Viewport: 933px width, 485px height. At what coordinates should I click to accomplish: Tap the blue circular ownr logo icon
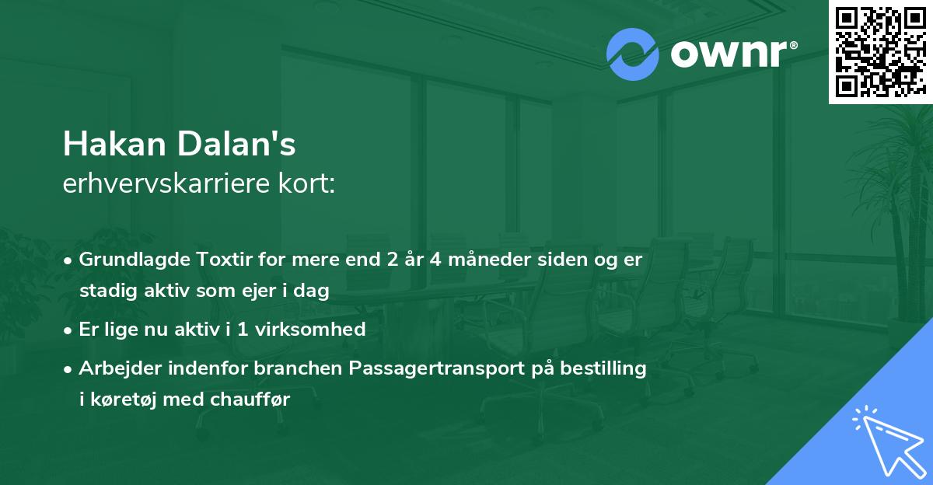click(632, 54)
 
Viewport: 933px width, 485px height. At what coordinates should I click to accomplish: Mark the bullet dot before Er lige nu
click(69, 330)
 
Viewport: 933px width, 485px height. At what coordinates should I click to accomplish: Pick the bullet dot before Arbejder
click(69, 369)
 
